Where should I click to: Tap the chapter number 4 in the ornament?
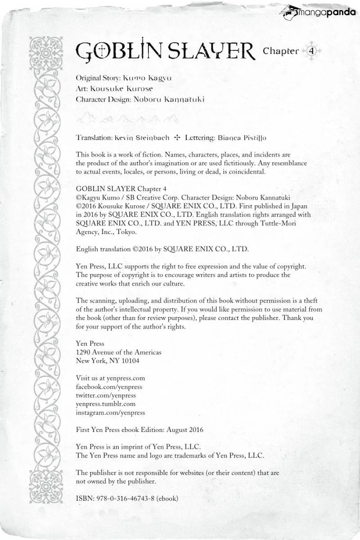point(311,51)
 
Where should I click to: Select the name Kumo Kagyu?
point(147,78)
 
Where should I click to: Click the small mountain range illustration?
point(127,119)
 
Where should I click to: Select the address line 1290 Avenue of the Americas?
point(119,352)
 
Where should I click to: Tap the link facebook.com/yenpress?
point(109,387)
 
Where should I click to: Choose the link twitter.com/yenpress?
point(106,396)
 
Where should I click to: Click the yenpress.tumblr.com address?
point(106,404)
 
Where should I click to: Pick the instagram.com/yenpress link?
point(110,413)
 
